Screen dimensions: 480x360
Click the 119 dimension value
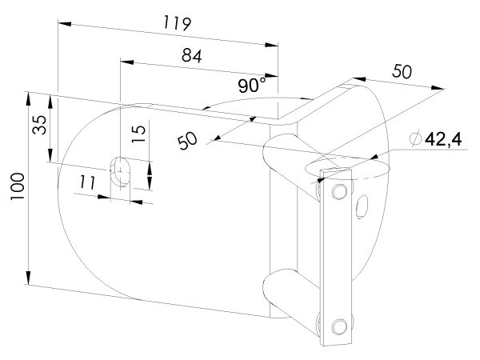point(178,23)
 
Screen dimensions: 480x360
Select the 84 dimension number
point(192,56)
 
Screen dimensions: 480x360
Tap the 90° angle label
point(253,85)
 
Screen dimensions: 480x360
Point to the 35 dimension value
point(40,125)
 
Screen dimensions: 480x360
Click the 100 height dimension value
point(17,186)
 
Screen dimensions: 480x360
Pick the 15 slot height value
point(138,134)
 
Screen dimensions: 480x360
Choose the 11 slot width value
point(87,182)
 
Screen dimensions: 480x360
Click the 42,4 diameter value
point(443,139)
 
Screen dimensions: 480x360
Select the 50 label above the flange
point(402,71)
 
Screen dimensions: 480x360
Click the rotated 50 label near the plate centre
point(187,140)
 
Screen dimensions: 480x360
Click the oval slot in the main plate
point(120,171)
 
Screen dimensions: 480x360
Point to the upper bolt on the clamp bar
point(339,192)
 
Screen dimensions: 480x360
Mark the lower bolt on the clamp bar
point(339,326)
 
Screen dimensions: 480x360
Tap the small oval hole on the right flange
point(362,206)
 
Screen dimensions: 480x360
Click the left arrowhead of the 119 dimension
point(65,23)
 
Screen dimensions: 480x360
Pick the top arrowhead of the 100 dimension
point(28,99)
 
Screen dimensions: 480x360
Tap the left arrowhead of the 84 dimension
point(127,62)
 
